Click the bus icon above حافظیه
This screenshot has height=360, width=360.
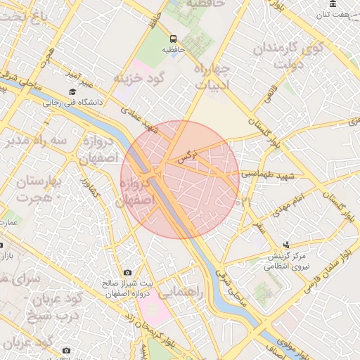tap(174, 39)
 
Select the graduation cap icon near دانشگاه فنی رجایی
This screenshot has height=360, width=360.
tap(72, 92)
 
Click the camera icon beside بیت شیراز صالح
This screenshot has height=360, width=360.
tap(127, 272)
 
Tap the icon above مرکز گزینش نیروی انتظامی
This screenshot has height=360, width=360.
tap(285, 245)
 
